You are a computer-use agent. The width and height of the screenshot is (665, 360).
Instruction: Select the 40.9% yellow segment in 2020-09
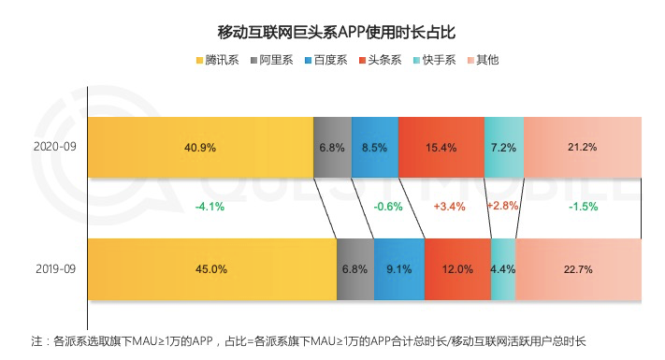click(x=200, y=148)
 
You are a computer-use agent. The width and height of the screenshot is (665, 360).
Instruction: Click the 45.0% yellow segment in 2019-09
click(x=211, y=269)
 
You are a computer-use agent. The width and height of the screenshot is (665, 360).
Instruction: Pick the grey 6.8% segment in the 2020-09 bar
click(x=332, y=148)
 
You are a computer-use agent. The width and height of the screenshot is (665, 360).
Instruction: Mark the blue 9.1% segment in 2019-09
click(x=398, y=269)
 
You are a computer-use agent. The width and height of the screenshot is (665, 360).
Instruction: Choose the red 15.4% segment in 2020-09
click(x=441, y=148)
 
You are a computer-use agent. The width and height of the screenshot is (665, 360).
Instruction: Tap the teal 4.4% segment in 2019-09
click(x=502, y=269)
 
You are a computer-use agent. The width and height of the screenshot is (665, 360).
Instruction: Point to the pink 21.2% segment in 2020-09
click(x=583, y=148)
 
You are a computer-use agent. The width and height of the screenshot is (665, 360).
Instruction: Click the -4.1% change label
click(x=209, y=208)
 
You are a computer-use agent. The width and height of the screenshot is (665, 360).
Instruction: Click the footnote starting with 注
click(x=309, y=340)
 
